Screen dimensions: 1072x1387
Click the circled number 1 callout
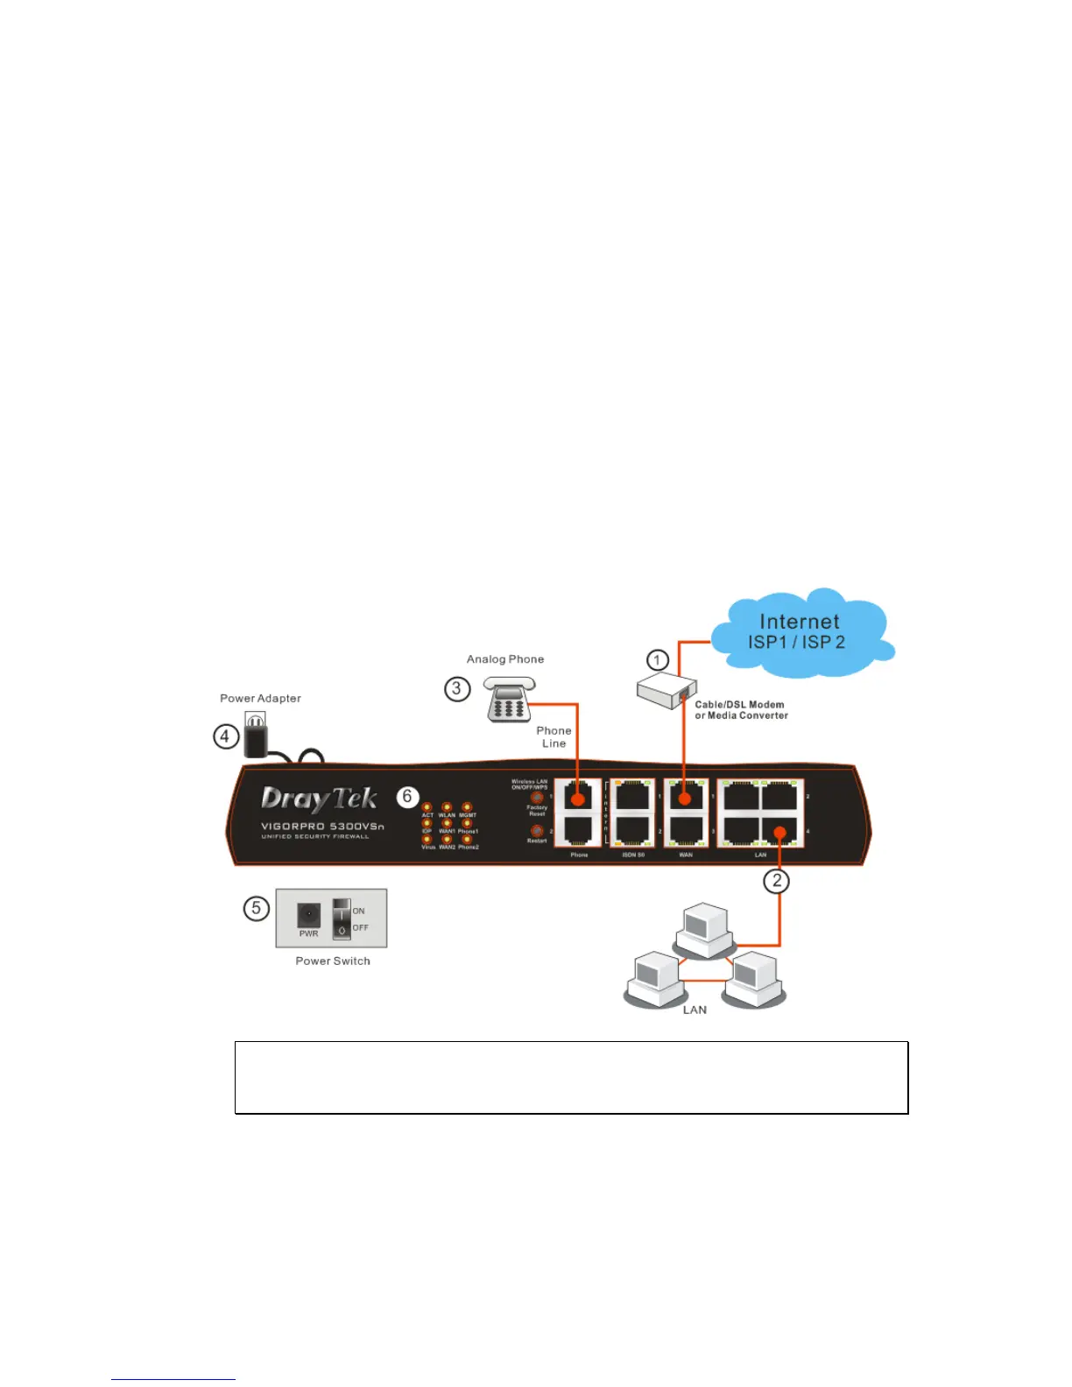click(658, 660)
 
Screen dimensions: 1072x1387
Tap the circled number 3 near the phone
click(456, 689)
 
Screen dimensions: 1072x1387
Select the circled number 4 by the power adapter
click(226, 736)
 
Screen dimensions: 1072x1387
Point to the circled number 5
click(256, 908)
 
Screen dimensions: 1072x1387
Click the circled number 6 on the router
click(407, 797)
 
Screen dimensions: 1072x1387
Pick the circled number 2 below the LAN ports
click(777, 881)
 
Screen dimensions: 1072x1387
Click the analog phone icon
click(509, 700)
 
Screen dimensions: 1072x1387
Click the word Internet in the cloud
click(799, 622)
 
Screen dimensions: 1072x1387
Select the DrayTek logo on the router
click(319, 799)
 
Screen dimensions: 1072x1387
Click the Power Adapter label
click(260, 699)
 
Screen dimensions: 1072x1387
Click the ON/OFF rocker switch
click(342, 919)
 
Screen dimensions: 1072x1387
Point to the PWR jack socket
click(308, 915)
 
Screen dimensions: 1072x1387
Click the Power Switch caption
click(333, 961)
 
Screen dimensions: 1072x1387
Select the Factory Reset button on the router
click(537, 798)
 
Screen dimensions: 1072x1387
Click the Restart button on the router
click(537, 830)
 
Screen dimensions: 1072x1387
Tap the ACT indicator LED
click(427, 807)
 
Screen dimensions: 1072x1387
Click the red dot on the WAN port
click(686, 799)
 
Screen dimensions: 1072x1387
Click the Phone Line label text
click(554, 737)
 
